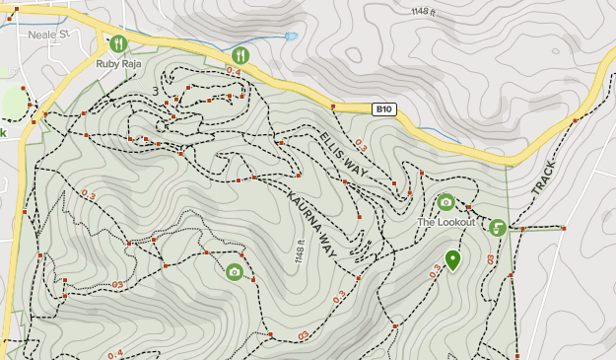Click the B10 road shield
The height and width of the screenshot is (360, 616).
coord(384,109)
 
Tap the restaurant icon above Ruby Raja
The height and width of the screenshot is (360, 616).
coord(118,43)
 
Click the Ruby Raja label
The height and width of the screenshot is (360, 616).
coord(118,63)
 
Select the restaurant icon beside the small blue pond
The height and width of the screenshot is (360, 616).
coord(241,54)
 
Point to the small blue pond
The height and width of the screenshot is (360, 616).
coord(291,36)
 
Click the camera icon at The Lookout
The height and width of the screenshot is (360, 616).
coord(445,202)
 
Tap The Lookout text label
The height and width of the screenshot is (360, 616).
coord(445,222)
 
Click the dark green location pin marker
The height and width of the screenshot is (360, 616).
coord(452,259)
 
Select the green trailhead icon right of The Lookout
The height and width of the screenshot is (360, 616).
coord(498,228)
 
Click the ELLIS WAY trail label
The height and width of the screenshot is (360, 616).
coord(343,156)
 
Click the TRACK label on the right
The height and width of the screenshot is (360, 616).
coord(543,175)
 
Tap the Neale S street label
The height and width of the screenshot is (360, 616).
coord(47,35)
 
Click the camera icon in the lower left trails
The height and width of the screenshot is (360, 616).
coord(235,271)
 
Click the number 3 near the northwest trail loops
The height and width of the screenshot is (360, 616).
coord(156,92)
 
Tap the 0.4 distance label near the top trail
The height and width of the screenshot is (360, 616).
coord(234,71)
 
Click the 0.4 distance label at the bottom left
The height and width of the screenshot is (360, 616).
coord(115,353)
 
